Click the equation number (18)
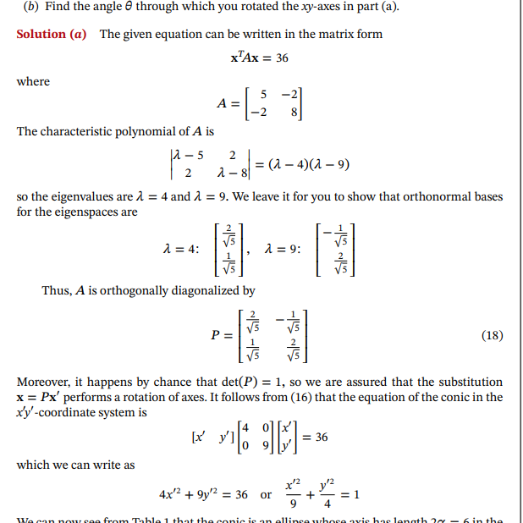492,335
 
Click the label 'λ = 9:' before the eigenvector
284,250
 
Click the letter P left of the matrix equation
216,335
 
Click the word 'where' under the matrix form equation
33,81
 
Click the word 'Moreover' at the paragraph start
44,382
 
